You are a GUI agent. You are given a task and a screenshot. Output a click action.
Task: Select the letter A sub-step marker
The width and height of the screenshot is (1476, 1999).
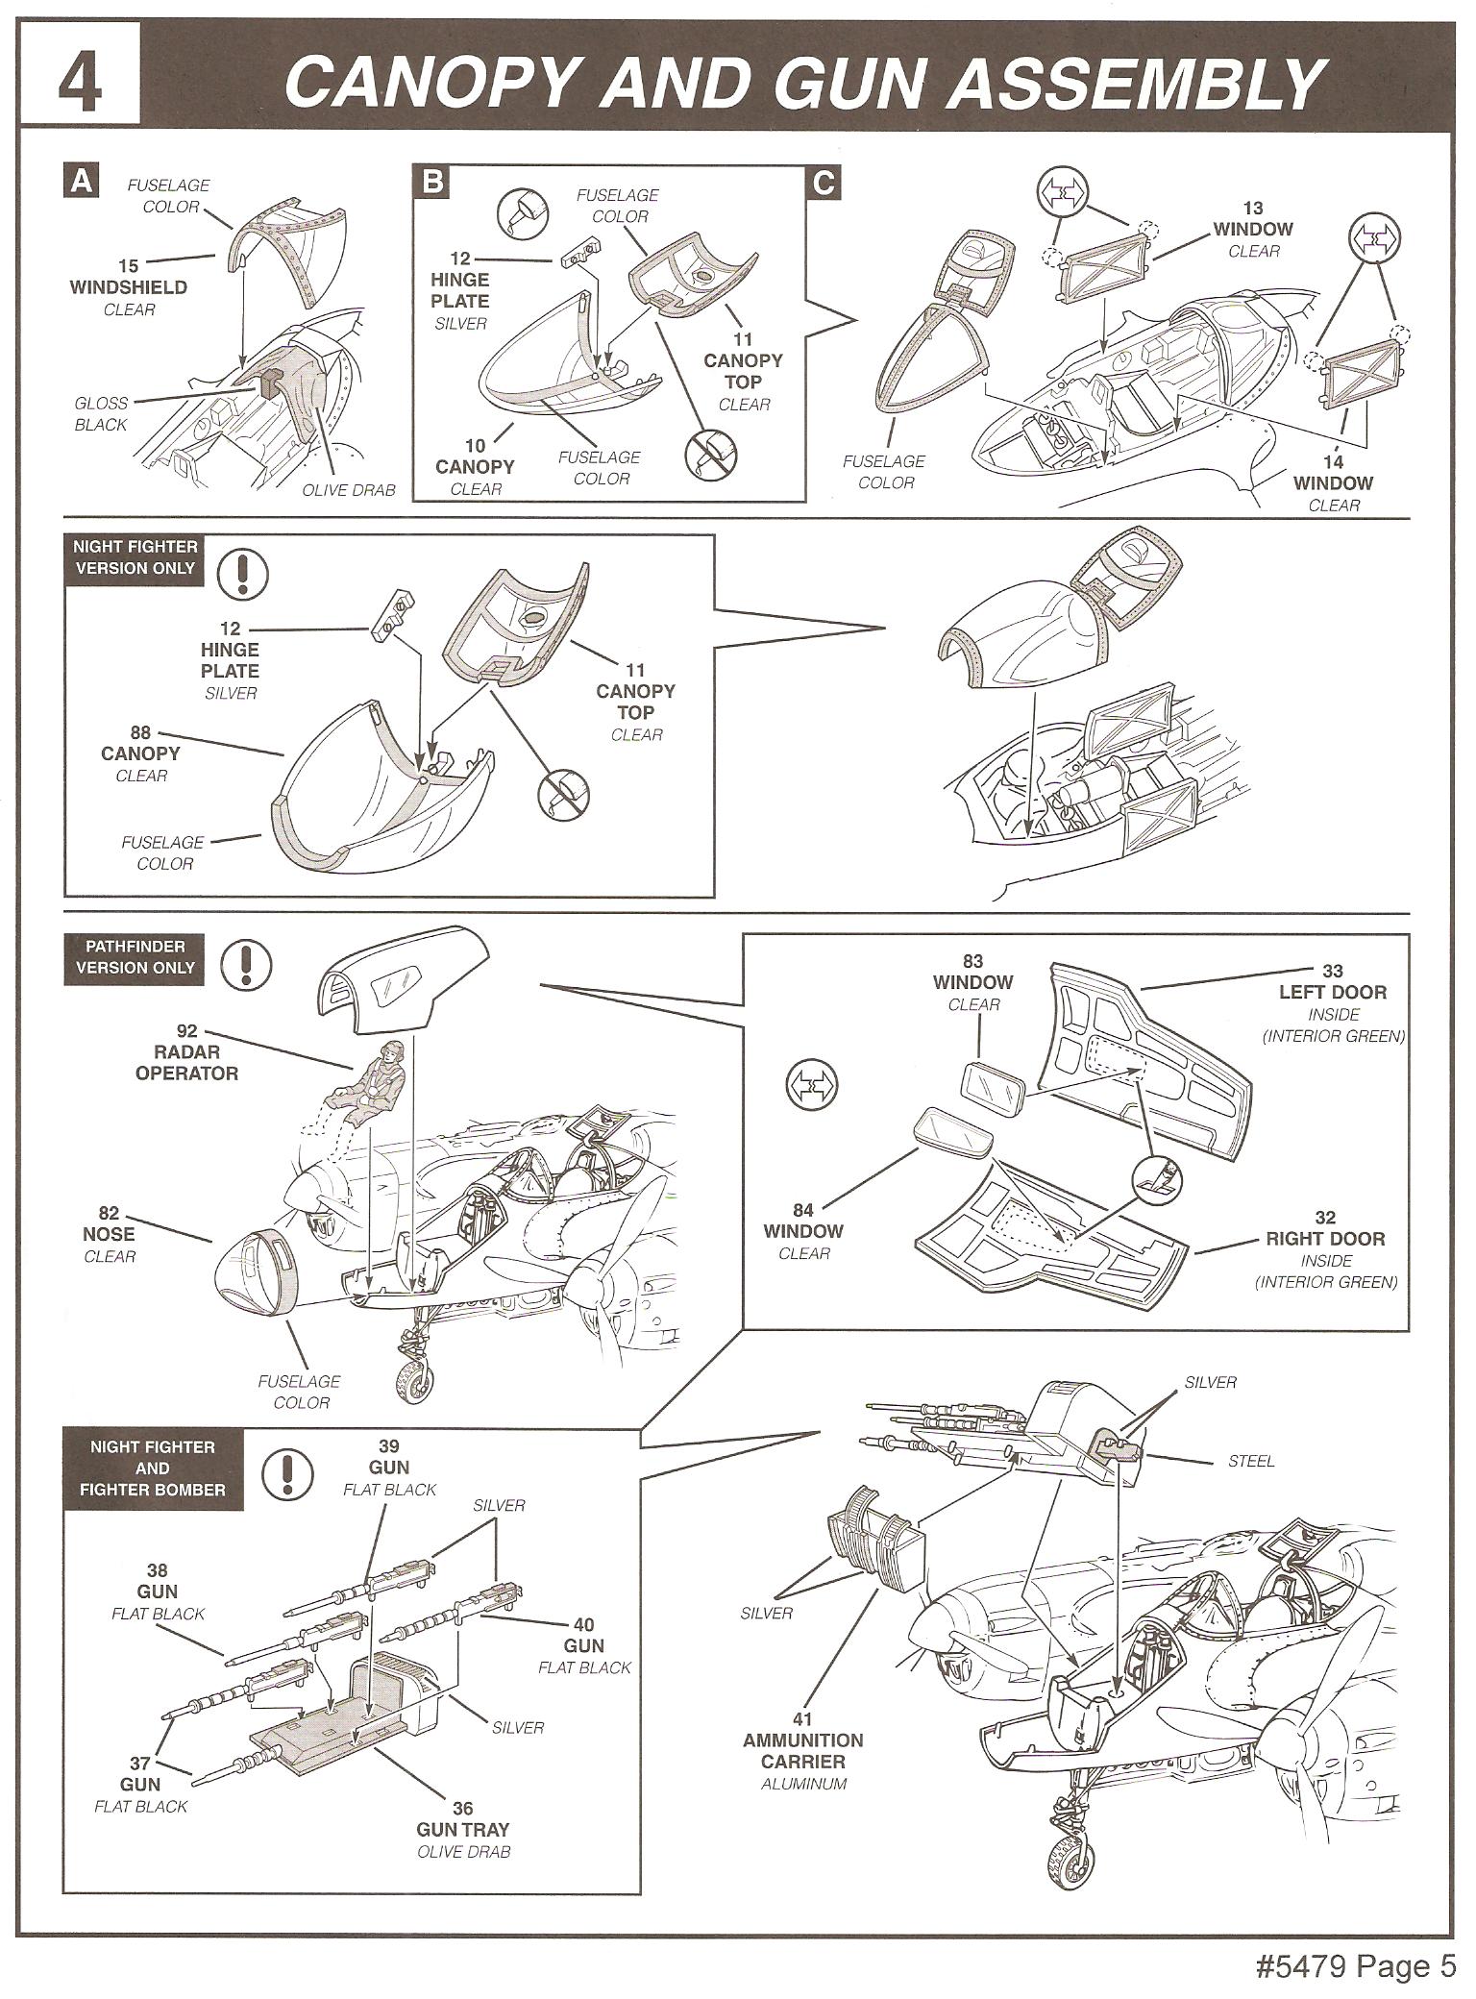[82, 182]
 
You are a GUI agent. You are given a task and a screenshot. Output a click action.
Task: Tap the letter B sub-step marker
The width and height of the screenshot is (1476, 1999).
[433, 182]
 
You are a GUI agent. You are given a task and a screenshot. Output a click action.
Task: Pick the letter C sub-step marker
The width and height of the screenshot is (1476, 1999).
[824, 182]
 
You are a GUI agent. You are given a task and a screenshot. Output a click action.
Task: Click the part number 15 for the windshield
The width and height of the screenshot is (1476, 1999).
[128, 266]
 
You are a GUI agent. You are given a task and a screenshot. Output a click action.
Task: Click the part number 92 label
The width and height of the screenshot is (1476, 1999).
[186, 1031]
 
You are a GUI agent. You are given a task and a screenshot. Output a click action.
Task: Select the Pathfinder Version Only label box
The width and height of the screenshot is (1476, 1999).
[135, 957]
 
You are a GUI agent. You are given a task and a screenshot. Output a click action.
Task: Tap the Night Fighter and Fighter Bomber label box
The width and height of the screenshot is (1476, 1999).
[153, 1468]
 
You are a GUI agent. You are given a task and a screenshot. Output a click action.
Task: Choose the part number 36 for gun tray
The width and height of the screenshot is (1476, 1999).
[462, 1809]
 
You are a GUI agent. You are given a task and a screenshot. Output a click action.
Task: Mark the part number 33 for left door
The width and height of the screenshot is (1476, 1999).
[1332, 971]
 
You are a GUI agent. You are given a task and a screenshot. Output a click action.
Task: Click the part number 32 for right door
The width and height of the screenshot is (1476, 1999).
[1325, 1218]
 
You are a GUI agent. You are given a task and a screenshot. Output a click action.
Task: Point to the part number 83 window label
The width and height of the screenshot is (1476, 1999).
[972, 961]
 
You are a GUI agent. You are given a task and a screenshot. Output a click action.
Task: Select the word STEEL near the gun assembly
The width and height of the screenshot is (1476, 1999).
[1251, 1461]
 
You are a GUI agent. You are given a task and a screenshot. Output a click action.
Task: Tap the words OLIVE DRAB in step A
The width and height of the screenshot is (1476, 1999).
[349, 490]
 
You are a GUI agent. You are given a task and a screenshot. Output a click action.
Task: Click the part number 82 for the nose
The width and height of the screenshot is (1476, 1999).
[109, 1214]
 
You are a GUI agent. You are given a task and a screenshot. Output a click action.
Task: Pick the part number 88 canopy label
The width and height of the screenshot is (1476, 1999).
[140, 732]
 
